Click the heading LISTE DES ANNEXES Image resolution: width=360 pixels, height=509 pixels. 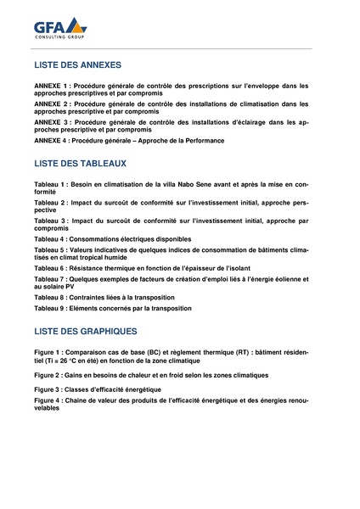click(x=77, y=65)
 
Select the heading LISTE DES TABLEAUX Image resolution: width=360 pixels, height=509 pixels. click(x=81, y=163)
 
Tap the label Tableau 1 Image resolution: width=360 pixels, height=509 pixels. click(x=51, y=184)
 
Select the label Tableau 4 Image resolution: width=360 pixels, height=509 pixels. click(x=51, y=240)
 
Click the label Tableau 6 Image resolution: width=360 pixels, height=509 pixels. click(x=51, y=268)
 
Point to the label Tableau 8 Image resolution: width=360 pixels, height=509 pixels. click(x=51, y=297)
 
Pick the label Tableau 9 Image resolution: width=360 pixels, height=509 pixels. click(x=51, y=309)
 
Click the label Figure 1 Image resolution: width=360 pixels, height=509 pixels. click(x=49, y=351)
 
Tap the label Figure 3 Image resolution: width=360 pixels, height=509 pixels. click(x=49, y=388)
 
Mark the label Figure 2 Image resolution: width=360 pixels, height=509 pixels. click(x=49, y=373)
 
